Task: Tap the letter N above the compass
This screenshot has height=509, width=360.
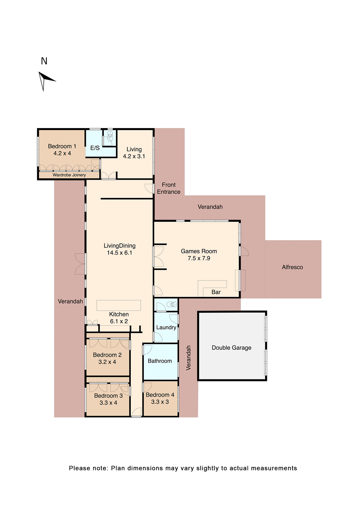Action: click(x=44, y=61)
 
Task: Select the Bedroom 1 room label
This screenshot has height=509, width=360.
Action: click(x=62, y=146)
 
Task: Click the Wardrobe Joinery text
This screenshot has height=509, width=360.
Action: click(x=69, y=175)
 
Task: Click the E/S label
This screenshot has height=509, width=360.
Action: click(x=95, y=148)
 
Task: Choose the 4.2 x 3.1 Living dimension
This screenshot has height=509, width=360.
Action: click(x=134, y=156)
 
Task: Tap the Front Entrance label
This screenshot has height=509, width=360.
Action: click(x=169, y=188)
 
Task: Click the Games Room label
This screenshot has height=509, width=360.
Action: click(x=199, y=251)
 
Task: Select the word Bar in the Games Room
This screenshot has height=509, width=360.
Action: click(x=216, y=292)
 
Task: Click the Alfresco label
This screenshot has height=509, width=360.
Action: click(x=292, y=267)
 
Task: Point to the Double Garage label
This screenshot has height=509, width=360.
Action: click(x=231, y=348)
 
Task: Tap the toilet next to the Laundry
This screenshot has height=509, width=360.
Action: click(x=172, y=304)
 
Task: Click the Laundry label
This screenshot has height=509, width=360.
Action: click(x=166, y=327)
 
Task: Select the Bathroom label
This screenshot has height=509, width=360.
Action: click(x=160, y=361)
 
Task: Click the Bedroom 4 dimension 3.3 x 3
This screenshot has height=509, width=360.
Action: click(x=160, y=402)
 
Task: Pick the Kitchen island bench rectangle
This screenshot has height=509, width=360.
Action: click(x=118, y=305)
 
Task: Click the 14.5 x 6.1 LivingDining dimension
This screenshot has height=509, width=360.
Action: click(x=120, y=253)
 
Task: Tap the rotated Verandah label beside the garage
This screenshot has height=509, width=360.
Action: click(x=188, y=358)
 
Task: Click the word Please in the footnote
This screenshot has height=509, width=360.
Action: click(x=79, y=468)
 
